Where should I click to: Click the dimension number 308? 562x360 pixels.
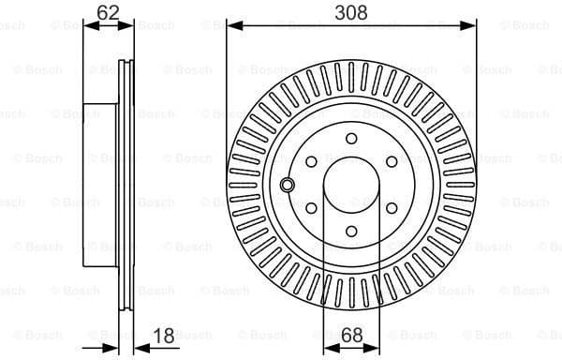click(x=351, y=12)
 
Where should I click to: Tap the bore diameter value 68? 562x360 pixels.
click(x=351, y=334)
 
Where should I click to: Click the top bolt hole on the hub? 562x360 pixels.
click(x=351, y=139)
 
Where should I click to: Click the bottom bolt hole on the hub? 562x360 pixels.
click(x=351, y=231)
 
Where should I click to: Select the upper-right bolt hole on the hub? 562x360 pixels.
click(x=392, y=161)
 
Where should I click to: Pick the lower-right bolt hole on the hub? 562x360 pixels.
click(x=392, y=207)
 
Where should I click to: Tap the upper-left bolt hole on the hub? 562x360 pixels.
click(x=311, y=161)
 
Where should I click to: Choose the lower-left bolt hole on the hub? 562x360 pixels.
click(x=311, y=207)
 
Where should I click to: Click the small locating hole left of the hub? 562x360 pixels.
click(x=287, y=185)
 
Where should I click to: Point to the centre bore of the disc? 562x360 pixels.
click(x=351, y=185)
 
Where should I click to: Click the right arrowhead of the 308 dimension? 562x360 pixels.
click(x=472, y=25)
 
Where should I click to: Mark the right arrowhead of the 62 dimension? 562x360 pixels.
click(x=130, y=25)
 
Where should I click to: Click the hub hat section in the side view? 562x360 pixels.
click(x=103, y=183)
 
